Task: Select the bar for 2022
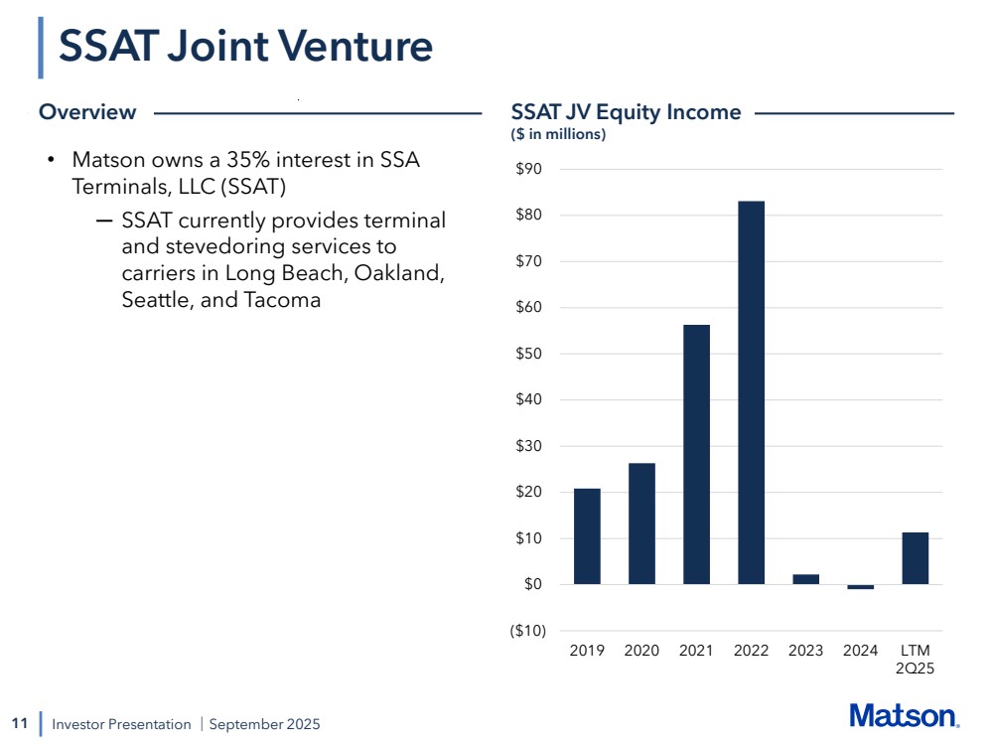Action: [x=751, y=392]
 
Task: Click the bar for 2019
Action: [x=587, y=536]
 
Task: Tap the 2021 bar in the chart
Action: [x=696, y=454]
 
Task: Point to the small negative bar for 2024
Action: [x=860, y=587]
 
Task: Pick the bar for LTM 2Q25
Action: [x=915, y=558]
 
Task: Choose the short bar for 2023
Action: [x=805, y=579]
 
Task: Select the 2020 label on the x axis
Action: [x=641, y=651]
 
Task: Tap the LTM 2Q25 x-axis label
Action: [x=915, y=660]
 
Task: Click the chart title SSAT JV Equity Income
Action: [x=626, y=112]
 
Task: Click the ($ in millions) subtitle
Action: [x=558, y=134]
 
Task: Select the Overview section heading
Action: [x=87, y=112]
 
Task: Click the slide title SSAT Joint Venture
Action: [x=245, y=47]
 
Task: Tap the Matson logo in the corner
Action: [x=904, y=715]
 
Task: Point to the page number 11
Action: [x=19, y=723]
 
